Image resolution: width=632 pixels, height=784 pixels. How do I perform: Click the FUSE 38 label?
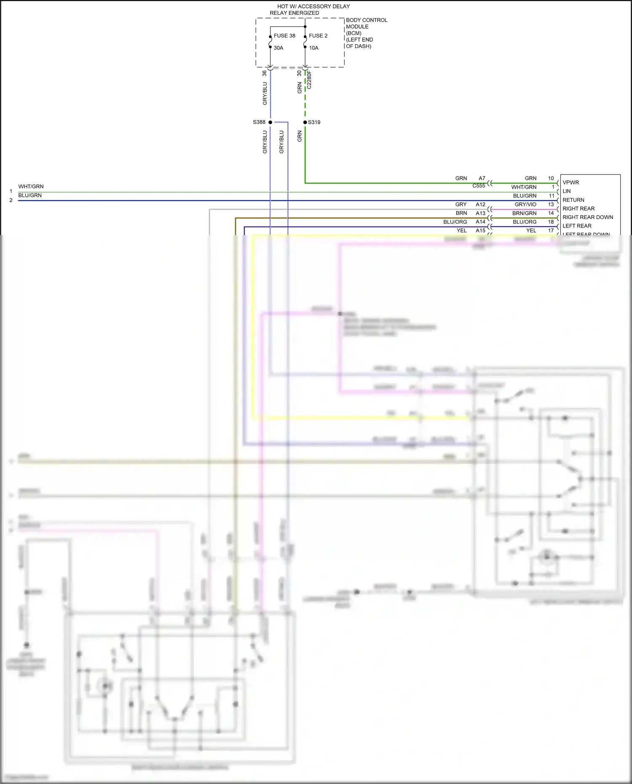284,36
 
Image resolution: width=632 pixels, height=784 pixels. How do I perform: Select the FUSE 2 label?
318,36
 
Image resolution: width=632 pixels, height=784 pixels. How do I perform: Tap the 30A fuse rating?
279,48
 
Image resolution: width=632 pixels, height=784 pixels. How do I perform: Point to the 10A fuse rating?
314,48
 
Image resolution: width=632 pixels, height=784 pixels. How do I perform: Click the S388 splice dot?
270,122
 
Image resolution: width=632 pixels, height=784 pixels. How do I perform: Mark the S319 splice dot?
305,122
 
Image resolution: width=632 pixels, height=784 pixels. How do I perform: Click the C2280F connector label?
309,80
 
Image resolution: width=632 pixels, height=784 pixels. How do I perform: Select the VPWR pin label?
571,182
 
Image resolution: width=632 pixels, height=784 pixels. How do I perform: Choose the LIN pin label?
567,191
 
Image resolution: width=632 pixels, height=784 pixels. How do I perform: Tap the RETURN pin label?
573,200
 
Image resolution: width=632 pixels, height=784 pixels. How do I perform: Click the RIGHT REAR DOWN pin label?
588,217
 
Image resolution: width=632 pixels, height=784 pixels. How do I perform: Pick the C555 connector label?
479,186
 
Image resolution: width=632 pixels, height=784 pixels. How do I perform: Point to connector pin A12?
481,204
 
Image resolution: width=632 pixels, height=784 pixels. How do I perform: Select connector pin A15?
481,230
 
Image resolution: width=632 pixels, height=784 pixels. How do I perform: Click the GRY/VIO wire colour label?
525,204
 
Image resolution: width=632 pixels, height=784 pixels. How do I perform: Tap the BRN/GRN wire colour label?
525,213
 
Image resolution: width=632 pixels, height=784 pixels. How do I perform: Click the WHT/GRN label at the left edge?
31,187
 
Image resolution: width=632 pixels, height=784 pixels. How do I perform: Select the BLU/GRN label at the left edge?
30,195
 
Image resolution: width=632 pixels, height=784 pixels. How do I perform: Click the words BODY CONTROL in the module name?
367,20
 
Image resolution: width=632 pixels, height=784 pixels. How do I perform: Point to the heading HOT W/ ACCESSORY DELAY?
313,6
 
